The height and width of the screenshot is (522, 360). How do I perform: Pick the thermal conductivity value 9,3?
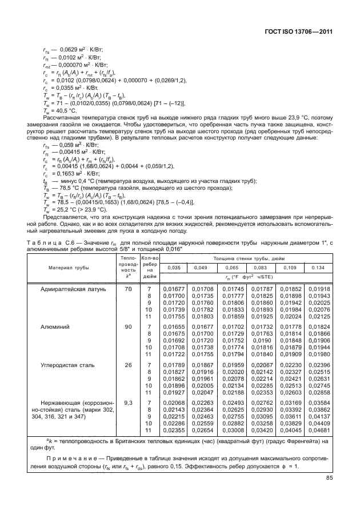click(x=128, y=403)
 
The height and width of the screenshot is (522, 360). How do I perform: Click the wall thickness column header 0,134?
click(x=319, y=268)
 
